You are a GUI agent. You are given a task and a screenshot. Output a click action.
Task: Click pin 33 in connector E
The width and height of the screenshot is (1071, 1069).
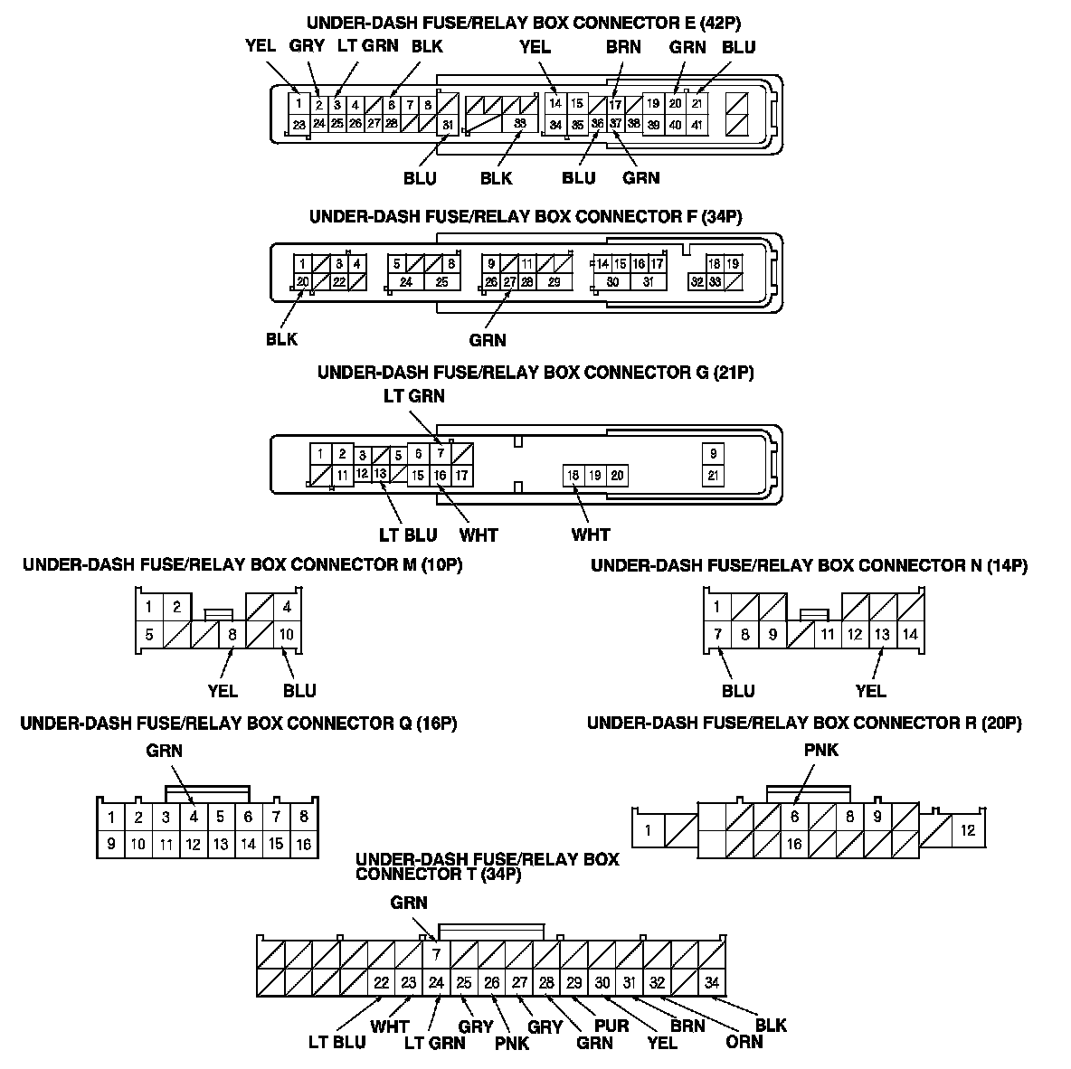[x=519, y=124]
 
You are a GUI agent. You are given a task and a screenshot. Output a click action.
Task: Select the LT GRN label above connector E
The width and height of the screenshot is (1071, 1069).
[x=368, y=46]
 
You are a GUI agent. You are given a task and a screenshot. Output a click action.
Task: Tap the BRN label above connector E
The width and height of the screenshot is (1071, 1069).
[x=623, y=47]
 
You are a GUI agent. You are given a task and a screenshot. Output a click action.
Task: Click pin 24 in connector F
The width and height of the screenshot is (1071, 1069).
[x=406, y=282]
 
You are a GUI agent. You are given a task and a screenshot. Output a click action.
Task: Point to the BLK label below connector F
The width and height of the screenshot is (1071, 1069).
[x=281, y=340]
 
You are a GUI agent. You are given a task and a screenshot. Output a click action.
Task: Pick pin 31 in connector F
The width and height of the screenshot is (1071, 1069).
[x=648, y=282]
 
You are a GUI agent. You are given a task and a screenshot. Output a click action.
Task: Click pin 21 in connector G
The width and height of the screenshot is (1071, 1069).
[x=714, y=476]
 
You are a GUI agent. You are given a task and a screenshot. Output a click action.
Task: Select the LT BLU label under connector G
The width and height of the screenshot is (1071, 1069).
[x=408, y=534]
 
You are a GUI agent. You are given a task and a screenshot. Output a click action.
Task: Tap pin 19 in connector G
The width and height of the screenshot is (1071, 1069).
[x=594, y=476]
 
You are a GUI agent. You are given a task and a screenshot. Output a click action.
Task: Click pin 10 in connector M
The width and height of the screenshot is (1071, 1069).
[x=287, y=634]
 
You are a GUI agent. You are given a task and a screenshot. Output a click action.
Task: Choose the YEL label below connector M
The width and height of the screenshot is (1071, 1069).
[x=223, y=691]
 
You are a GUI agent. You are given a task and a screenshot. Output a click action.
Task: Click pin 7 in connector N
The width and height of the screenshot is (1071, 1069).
[x=718, y=634]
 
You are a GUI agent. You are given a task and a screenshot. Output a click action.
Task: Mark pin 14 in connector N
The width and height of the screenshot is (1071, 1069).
[x=910, y=634]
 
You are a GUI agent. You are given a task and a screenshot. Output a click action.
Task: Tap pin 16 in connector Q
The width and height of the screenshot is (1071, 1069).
[x=303, y=844]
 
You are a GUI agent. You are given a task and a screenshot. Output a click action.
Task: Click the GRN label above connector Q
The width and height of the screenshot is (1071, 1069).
[x=164, y=750]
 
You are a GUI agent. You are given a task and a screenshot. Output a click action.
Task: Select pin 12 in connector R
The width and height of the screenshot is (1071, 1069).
[x=968, y=830]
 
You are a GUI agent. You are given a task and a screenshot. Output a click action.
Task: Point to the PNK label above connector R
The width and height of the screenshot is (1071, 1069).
[x=820, y=750]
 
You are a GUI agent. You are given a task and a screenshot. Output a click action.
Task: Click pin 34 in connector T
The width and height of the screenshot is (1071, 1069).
[x=713, y=982]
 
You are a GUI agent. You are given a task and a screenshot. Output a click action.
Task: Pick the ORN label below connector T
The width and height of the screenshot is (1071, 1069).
[x=744, y=1042]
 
